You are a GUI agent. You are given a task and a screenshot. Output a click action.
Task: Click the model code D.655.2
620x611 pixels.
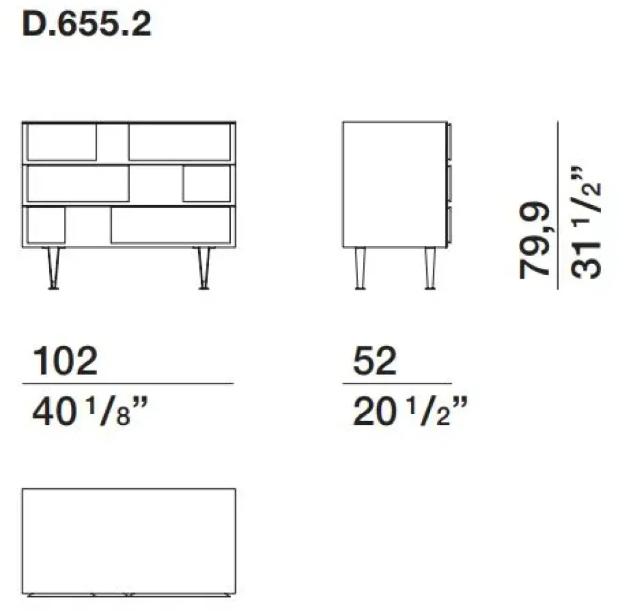(x=87, y=26)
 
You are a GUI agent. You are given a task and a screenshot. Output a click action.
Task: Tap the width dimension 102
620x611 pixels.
(x=65, y=362)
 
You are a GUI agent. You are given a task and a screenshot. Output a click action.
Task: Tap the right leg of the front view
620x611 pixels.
(x=204, y=268)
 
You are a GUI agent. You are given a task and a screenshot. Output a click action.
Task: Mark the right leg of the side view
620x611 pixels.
(x=430, y=268)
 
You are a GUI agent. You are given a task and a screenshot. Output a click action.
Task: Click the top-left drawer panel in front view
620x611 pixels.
(x=61, y=142)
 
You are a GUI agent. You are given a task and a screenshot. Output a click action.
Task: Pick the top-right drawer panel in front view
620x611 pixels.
(x=180, y=142)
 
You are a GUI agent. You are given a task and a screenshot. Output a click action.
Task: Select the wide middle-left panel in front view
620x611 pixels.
(x=78, y=183)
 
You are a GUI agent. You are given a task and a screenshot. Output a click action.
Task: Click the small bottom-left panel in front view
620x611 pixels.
(x=46, y=226)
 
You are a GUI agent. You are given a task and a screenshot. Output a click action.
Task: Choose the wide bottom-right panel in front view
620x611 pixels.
(x=170, y=226)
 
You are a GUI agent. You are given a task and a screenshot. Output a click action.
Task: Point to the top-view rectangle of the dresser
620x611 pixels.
(x=128, y=541)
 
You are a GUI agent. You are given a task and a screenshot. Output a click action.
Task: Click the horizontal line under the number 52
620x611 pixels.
(x=397, y=383)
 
